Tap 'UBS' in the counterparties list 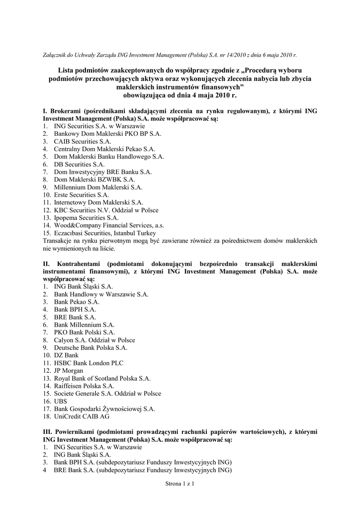(x=60, y=401)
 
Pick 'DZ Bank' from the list (x=66, y=355)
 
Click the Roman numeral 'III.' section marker (x=48, y=432)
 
